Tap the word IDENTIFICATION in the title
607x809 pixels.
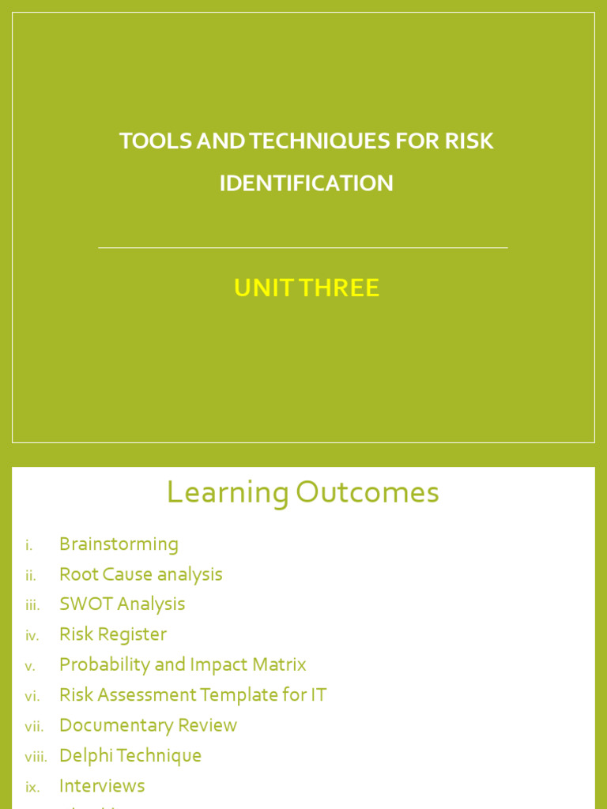pos(306,183)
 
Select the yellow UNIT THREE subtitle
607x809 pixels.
pos(306,288)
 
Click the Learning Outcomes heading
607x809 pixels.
pos(303,493)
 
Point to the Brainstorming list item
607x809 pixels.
pos(119,544)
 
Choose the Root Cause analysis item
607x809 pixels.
pos(141,574)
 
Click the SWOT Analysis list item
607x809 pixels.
pos(122,604)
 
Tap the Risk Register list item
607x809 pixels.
pos(113,634)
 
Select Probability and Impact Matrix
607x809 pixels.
pos(183,664)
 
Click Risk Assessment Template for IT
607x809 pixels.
pos(193,695)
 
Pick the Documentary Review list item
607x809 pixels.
pos(148,725)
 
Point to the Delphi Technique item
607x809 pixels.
pos(130,756)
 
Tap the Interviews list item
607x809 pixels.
pos(102,786)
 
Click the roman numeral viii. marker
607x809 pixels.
pos(36,757)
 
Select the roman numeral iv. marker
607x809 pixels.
pos(32,635)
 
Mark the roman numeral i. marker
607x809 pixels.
pos(29,545)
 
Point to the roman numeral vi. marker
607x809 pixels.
pos(32,696)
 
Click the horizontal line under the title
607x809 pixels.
pos(303,248)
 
